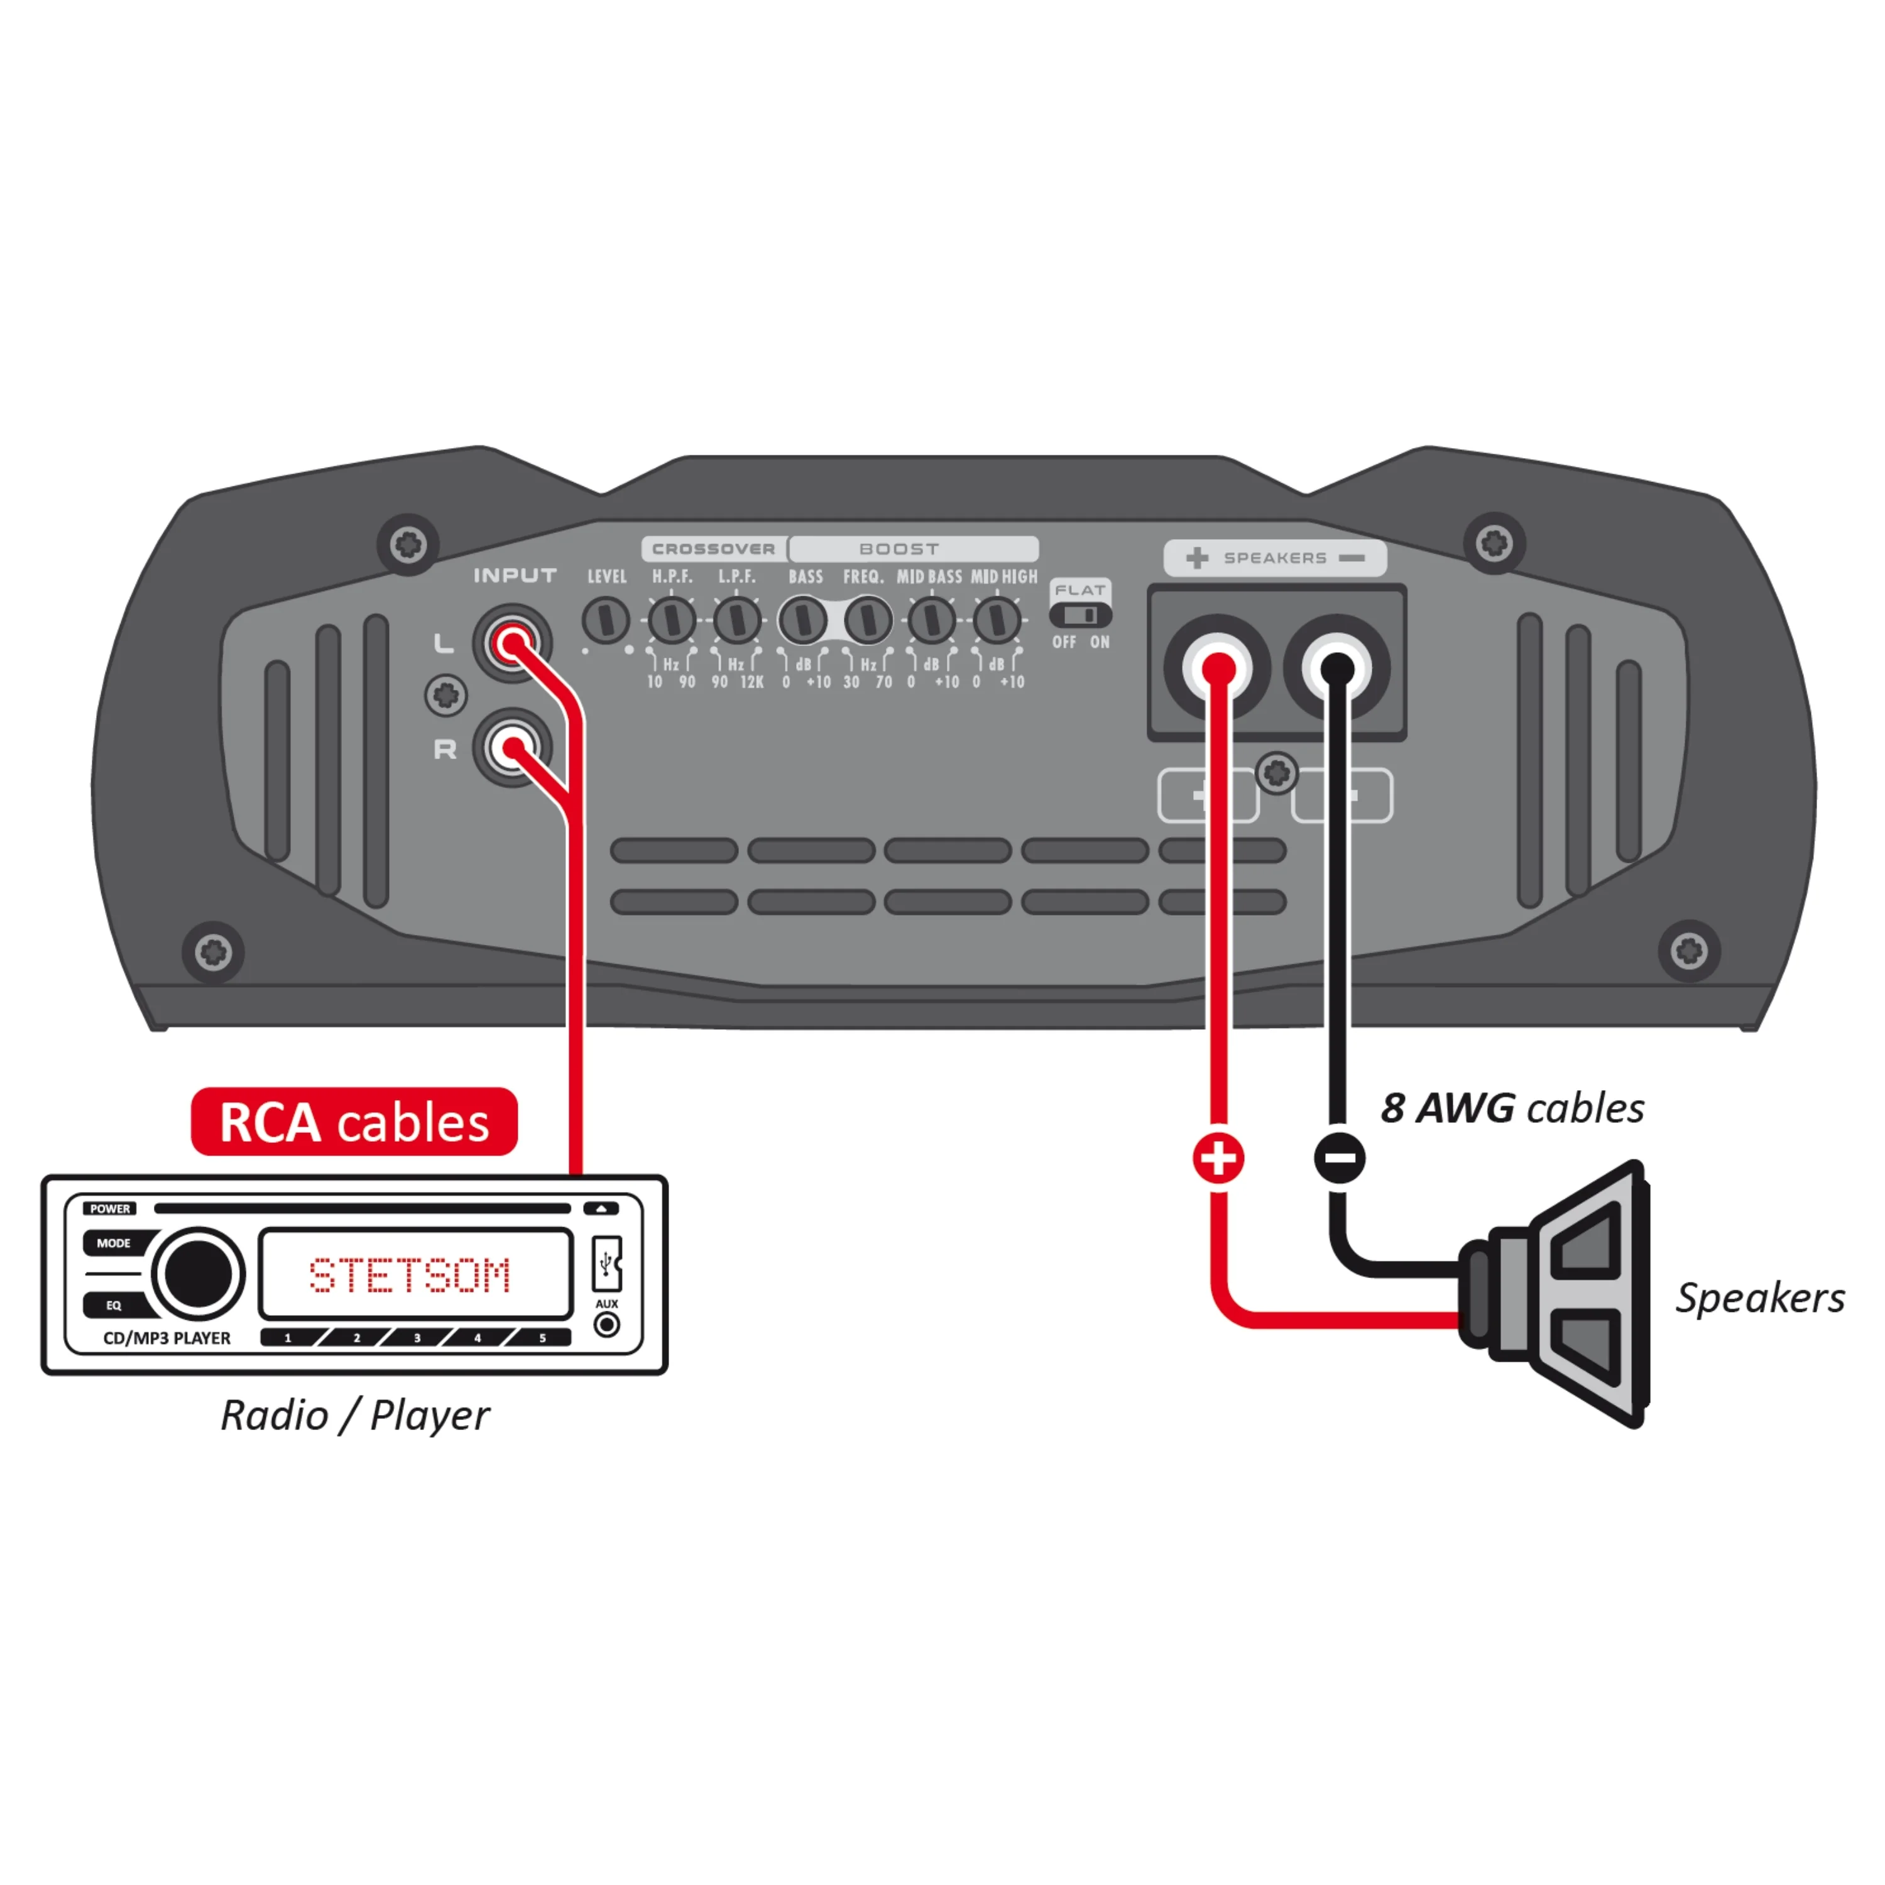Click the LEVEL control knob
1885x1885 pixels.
[606, 620]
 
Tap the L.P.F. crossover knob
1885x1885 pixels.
[736, 620]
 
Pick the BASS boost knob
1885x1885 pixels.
[802, 620]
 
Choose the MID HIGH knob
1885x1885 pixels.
[996, 620]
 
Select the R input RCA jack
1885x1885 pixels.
[512, 748]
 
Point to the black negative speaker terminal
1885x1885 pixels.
[1336, 669]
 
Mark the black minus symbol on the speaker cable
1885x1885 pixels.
[1340, 1158]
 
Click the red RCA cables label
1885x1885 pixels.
[354, 1122]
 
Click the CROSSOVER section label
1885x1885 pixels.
[713, 549]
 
